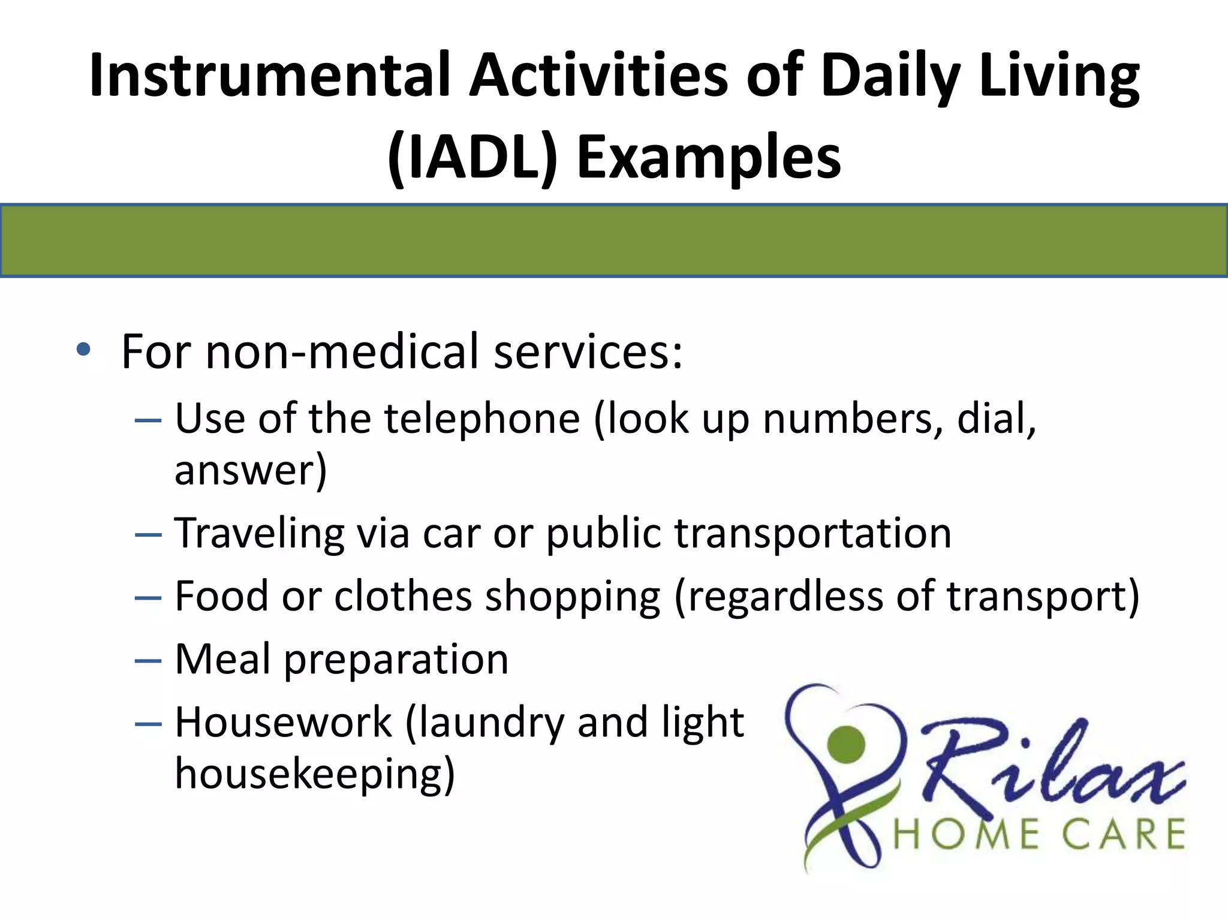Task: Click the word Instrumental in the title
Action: pyautogui.click(x=270, y=76)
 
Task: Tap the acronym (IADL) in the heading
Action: pyautogui.click(x=473, y=157)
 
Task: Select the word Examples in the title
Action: pyautogui.click(x=709, y=157)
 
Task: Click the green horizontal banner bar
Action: pyautogui.click(x=614, y=240)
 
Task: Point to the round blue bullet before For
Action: pyautogui.click(x=84, y=350)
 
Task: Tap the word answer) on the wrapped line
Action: pyautogui.click(x=251, y=470)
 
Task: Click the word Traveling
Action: pyautogui.click(x=260, y=533)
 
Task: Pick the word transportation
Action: pyautogui.click(x=812, y=533)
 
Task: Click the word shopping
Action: pyautogui.click(x=573, y=597)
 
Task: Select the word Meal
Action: pyautogui.click(x=222, y=660)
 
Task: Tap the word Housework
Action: pyautogui.click(x=283, y=722)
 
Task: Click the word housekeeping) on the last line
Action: pyautogui.click(x=315, y=775)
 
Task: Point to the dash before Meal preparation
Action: pyautogui.click(x=148, y=661)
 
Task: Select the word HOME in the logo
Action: pyautogui.click(x=966, y=835)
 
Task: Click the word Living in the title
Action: pyautogui.click(x=1058, y=76)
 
